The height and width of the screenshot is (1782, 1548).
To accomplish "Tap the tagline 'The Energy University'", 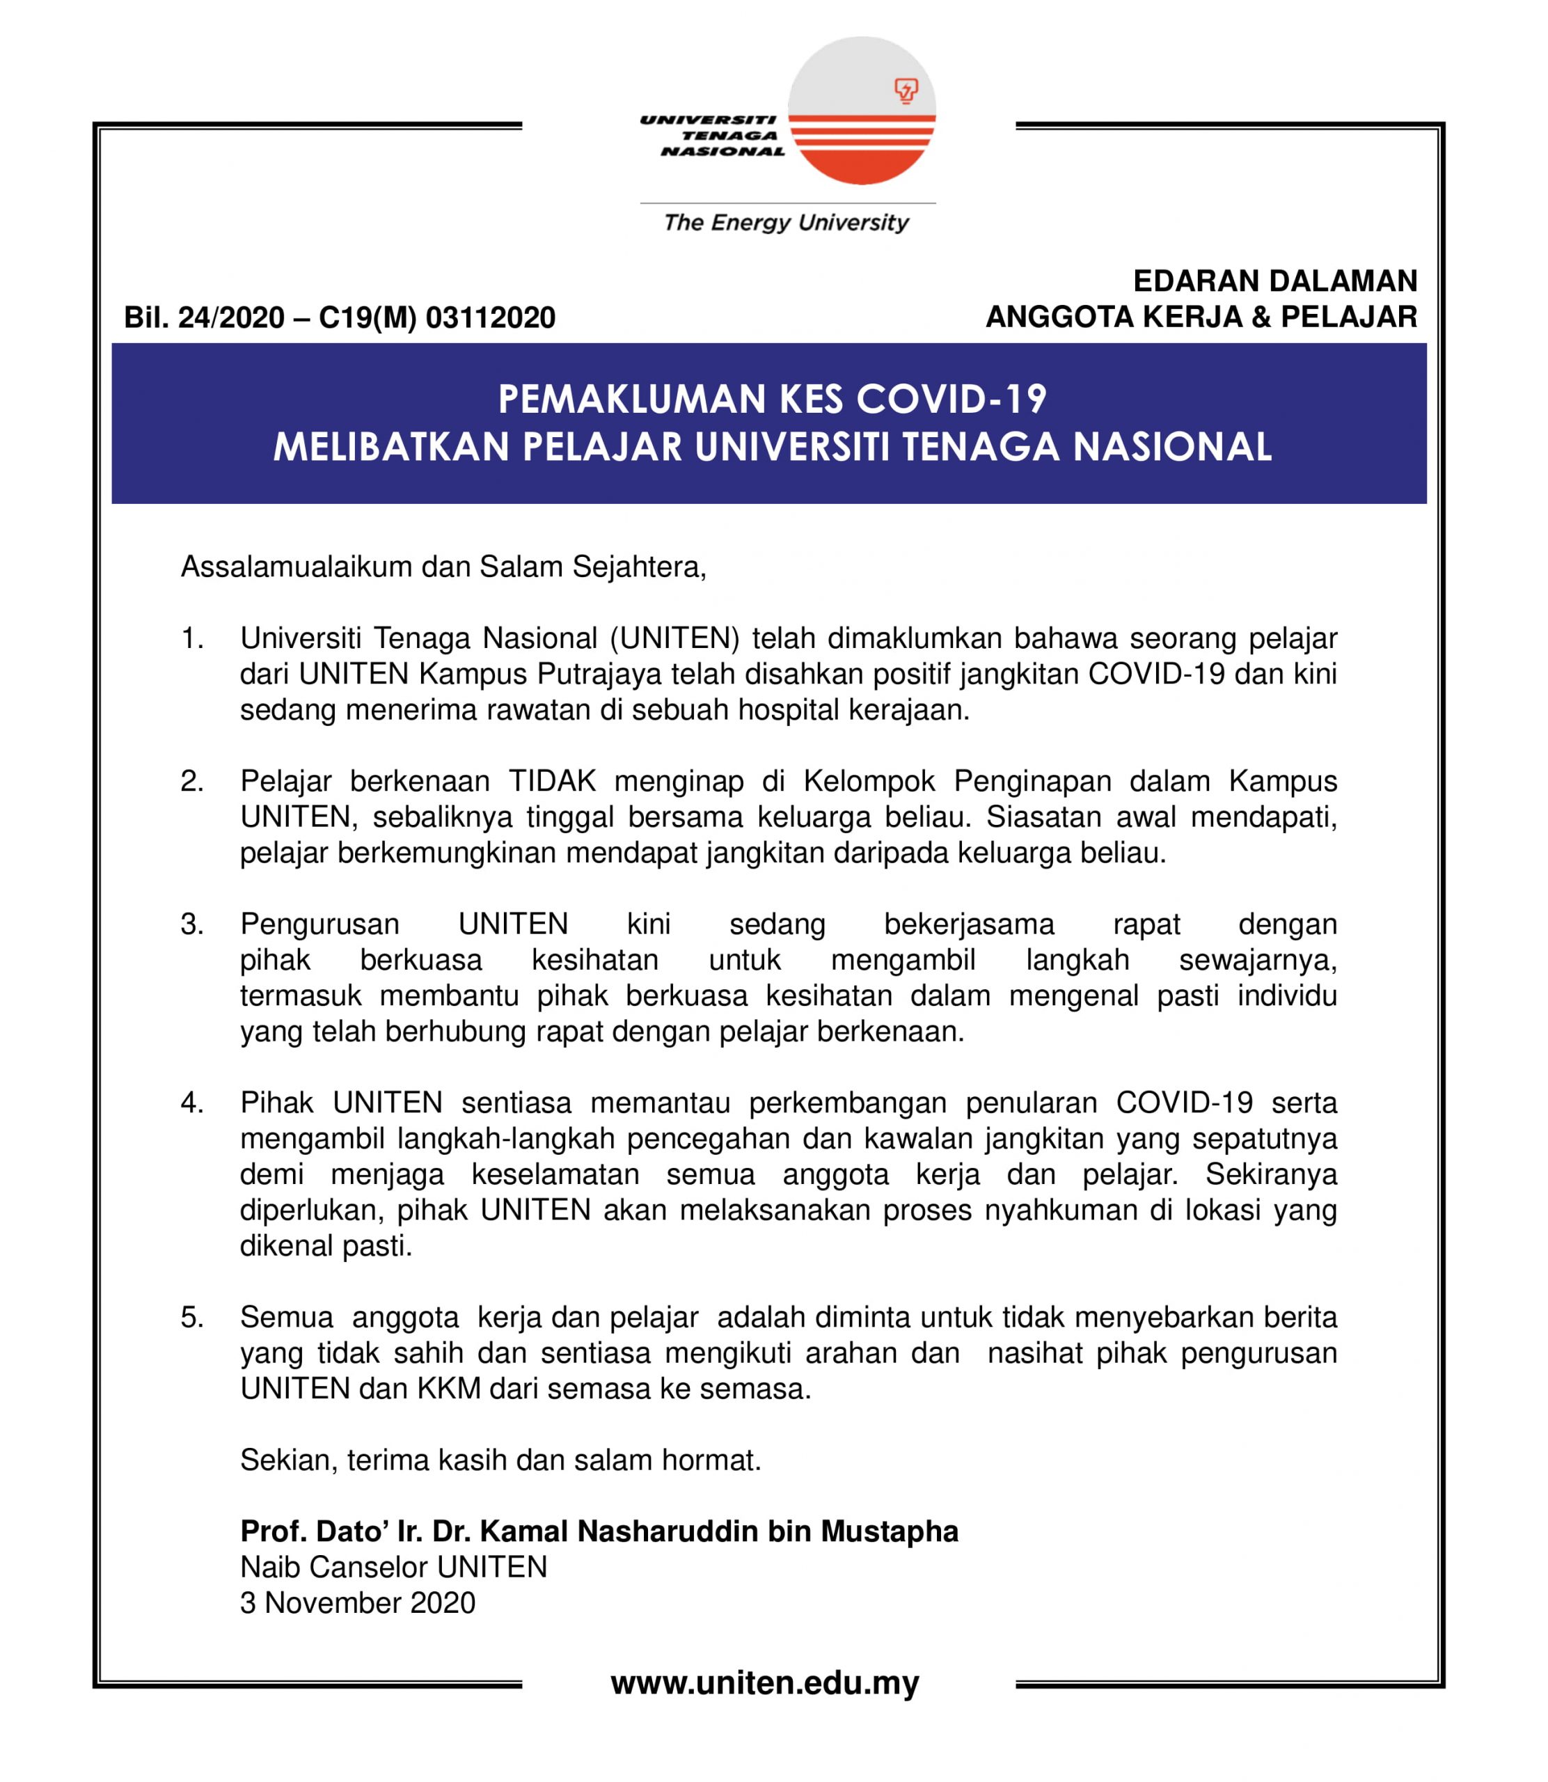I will coord(786,223).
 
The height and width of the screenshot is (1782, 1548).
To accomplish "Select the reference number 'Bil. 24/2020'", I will coord(204,318).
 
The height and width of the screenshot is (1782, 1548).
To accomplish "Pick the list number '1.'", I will coord(192,638).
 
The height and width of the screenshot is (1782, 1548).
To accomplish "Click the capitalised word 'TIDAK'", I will coord(552,781).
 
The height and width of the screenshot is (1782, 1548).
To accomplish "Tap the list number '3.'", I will coord(192,924).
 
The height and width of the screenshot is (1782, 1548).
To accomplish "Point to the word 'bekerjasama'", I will coord(968,924).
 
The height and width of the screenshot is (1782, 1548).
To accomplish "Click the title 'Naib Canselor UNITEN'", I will coord(394,1567).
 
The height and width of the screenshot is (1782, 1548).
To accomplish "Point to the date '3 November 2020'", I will coord(358,1602).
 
